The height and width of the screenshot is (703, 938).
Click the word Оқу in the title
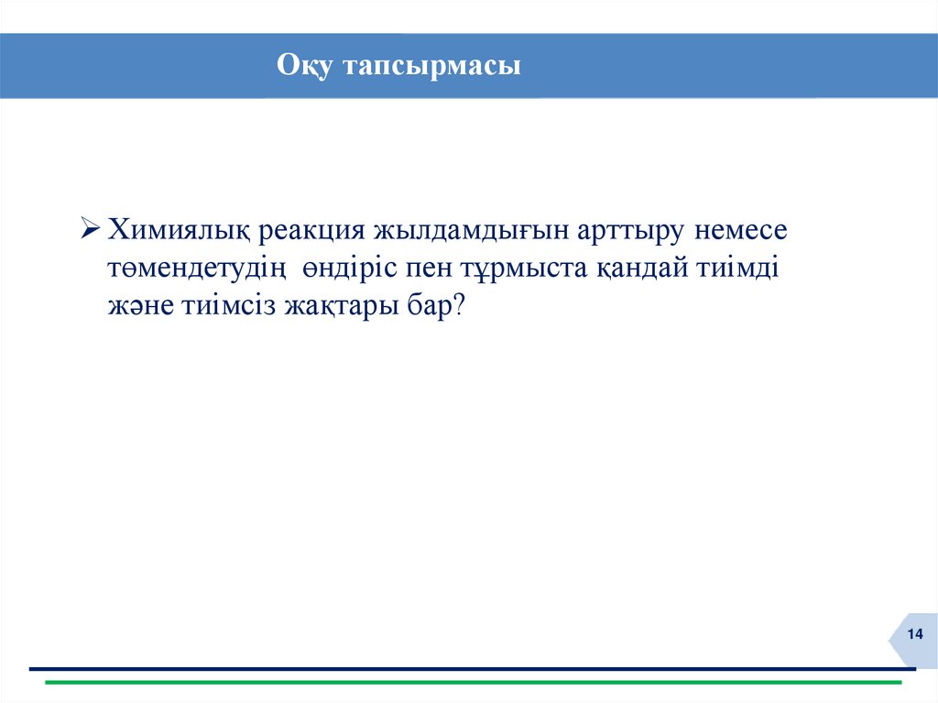[x=308, y=67]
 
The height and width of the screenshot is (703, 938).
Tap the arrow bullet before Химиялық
[x=91, y=228]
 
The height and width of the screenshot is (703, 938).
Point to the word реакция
[x=311, y=230]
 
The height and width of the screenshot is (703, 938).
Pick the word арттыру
[x=630, y=230]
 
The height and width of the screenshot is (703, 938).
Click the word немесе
[x=740, y=230]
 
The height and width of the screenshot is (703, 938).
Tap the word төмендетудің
[x=199, y=269]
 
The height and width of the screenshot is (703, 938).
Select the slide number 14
[x=914, y=636]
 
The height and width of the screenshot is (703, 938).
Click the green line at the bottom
[x=474, y=682]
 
